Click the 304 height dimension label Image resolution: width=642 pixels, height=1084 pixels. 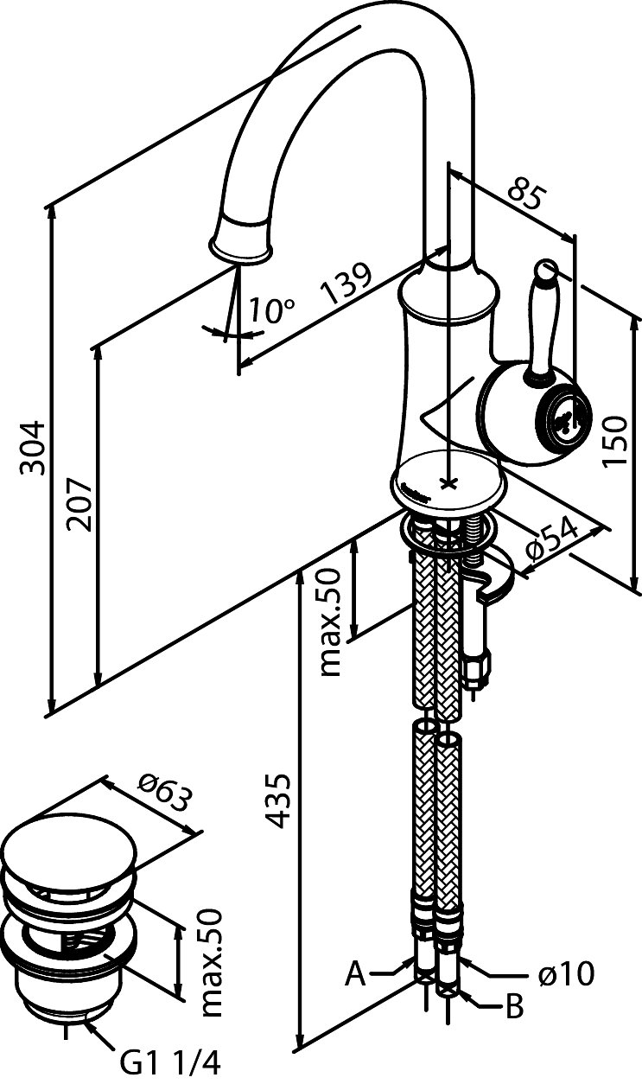pos(33,447)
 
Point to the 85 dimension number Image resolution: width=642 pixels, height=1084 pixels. pos(524,194)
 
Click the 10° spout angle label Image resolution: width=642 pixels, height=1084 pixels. pos(272,309)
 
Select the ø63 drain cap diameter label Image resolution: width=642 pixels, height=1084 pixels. pos(163,791)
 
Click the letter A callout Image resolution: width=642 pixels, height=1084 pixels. pos(355,975)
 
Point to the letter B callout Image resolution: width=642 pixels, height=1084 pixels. pos(514,1007)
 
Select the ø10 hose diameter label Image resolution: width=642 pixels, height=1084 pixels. pos(566,975)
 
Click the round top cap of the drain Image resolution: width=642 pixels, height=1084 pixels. pos(69,851)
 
